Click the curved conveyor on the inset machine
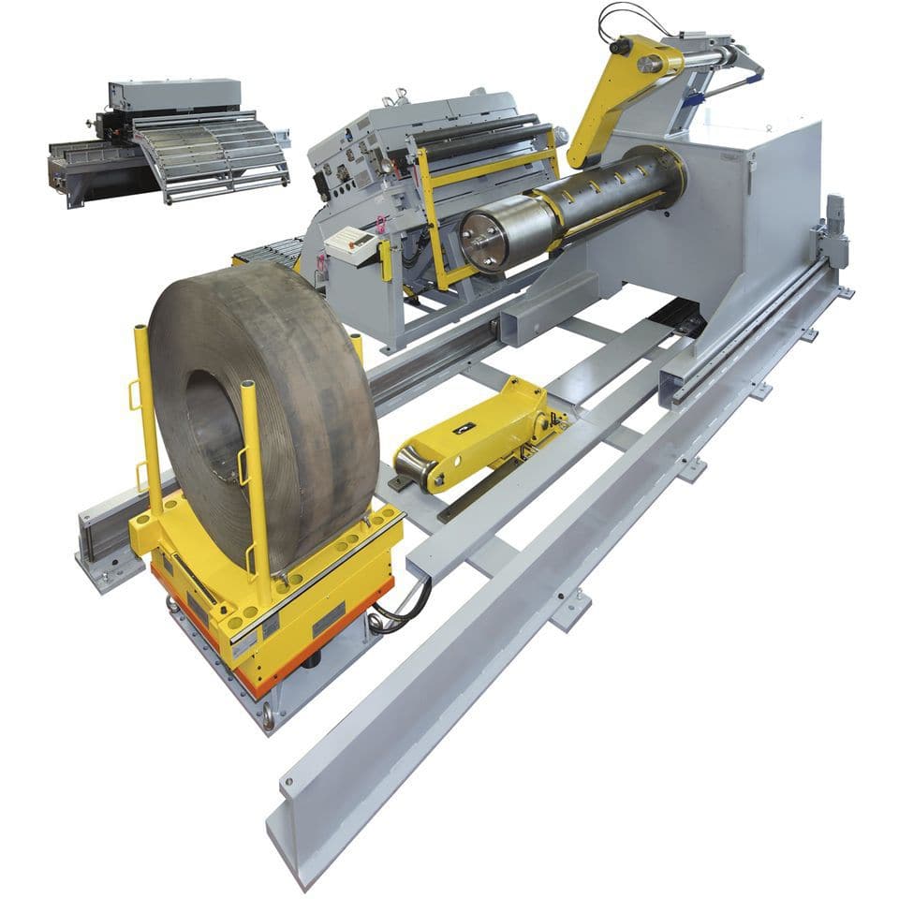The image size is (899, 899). tap(211, 155)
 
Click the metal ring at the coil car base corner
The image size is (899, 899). tap(268, 716)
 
